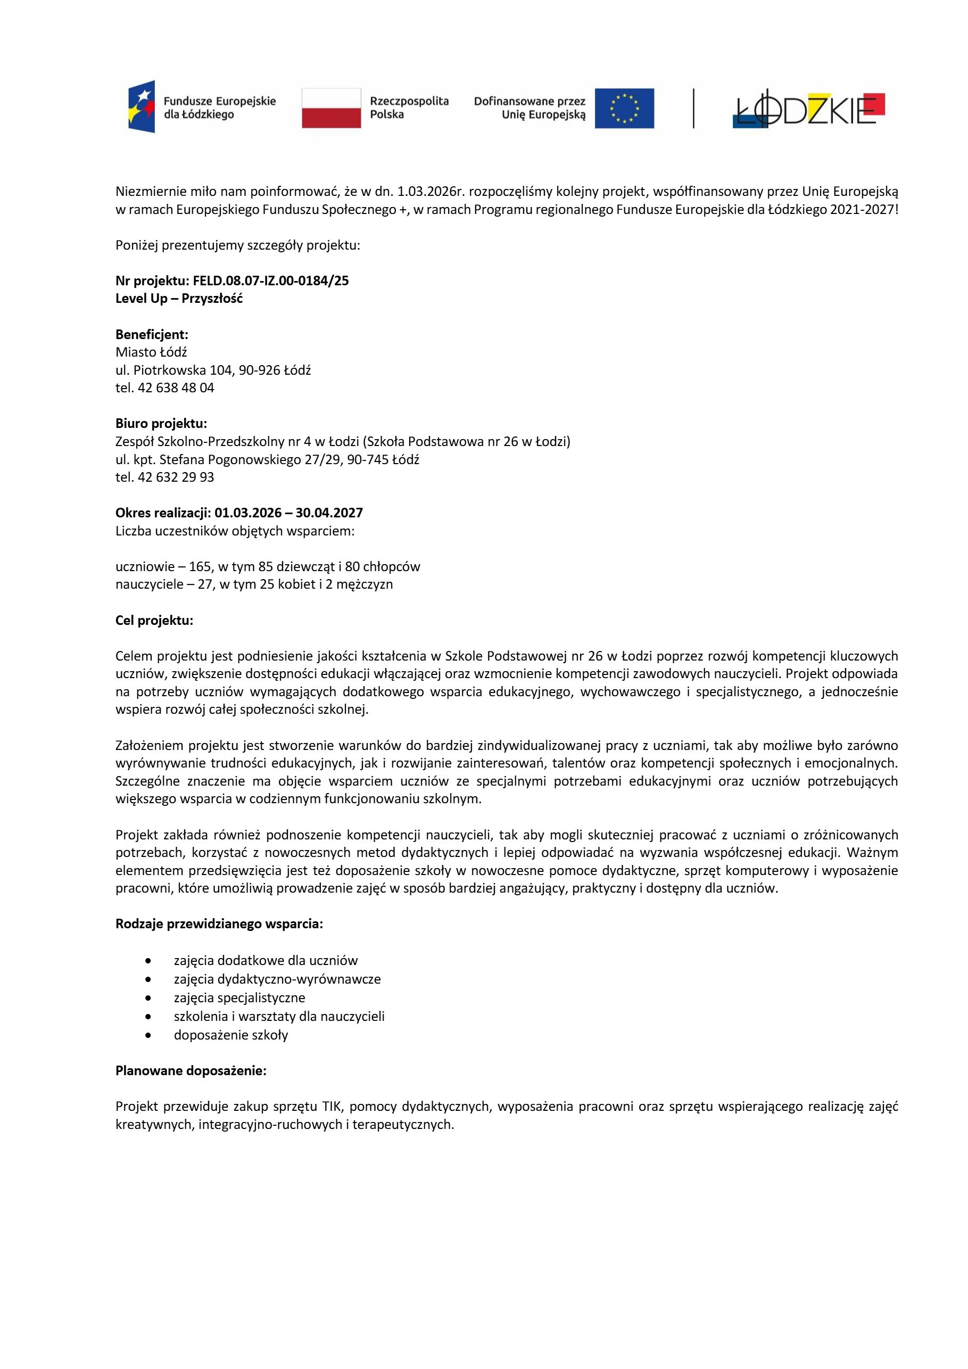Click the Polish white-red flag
coord(331,108)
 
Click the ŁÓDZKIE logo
coord(808,109)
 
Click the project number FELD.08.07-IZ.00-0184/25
coord(271,281)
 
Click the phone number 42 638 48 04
coord(176,388)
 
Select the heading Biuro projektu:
coord(161,424)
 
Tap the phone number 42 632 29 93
coord(176,477)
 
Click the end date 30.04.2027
coord(329,513)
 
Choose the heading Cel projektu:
coord(154,621)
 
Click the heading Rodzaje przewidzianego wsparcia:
coord(219,924)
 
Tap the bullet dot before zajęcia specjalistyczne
coord(148,998)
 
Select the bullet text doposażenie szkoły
coord(230,1035)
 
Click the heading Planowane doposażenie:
coord(191,1071)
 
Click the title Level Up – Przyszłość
coord(179,299)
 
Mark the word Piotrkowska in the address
coord(170,370)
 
